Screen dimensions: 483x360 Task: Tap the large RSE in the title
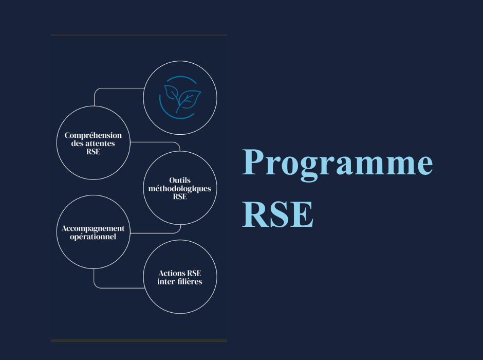tap(278, 214)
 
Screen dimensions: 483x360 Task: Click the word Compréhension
tap(93, 136)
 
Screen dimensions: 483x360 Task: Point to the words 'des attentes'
tap(93, 143)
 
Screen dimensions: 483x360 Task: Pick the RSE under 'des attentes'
tap(94, 152)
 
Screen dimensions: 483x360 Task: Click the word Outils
tap(180, 181)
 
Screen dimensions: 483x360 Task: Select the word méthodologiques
tap(180, 189)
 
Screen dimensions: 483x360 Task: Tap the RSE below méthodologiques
tap(180, 196)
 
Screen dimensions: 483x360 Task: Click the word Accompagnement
tap(93, 229)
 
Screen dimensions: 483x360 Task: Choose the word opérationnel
tap(93, 237)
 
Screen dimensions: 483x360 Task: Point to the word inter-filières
tap(180, 281)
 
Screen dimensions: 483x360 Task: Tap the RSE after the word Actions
tap(194, 274)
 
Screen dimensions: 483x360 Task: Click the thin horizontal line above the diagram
tap(139, 35)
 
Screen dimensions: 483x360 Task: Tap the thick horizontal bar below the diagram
tap(139, 340)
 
